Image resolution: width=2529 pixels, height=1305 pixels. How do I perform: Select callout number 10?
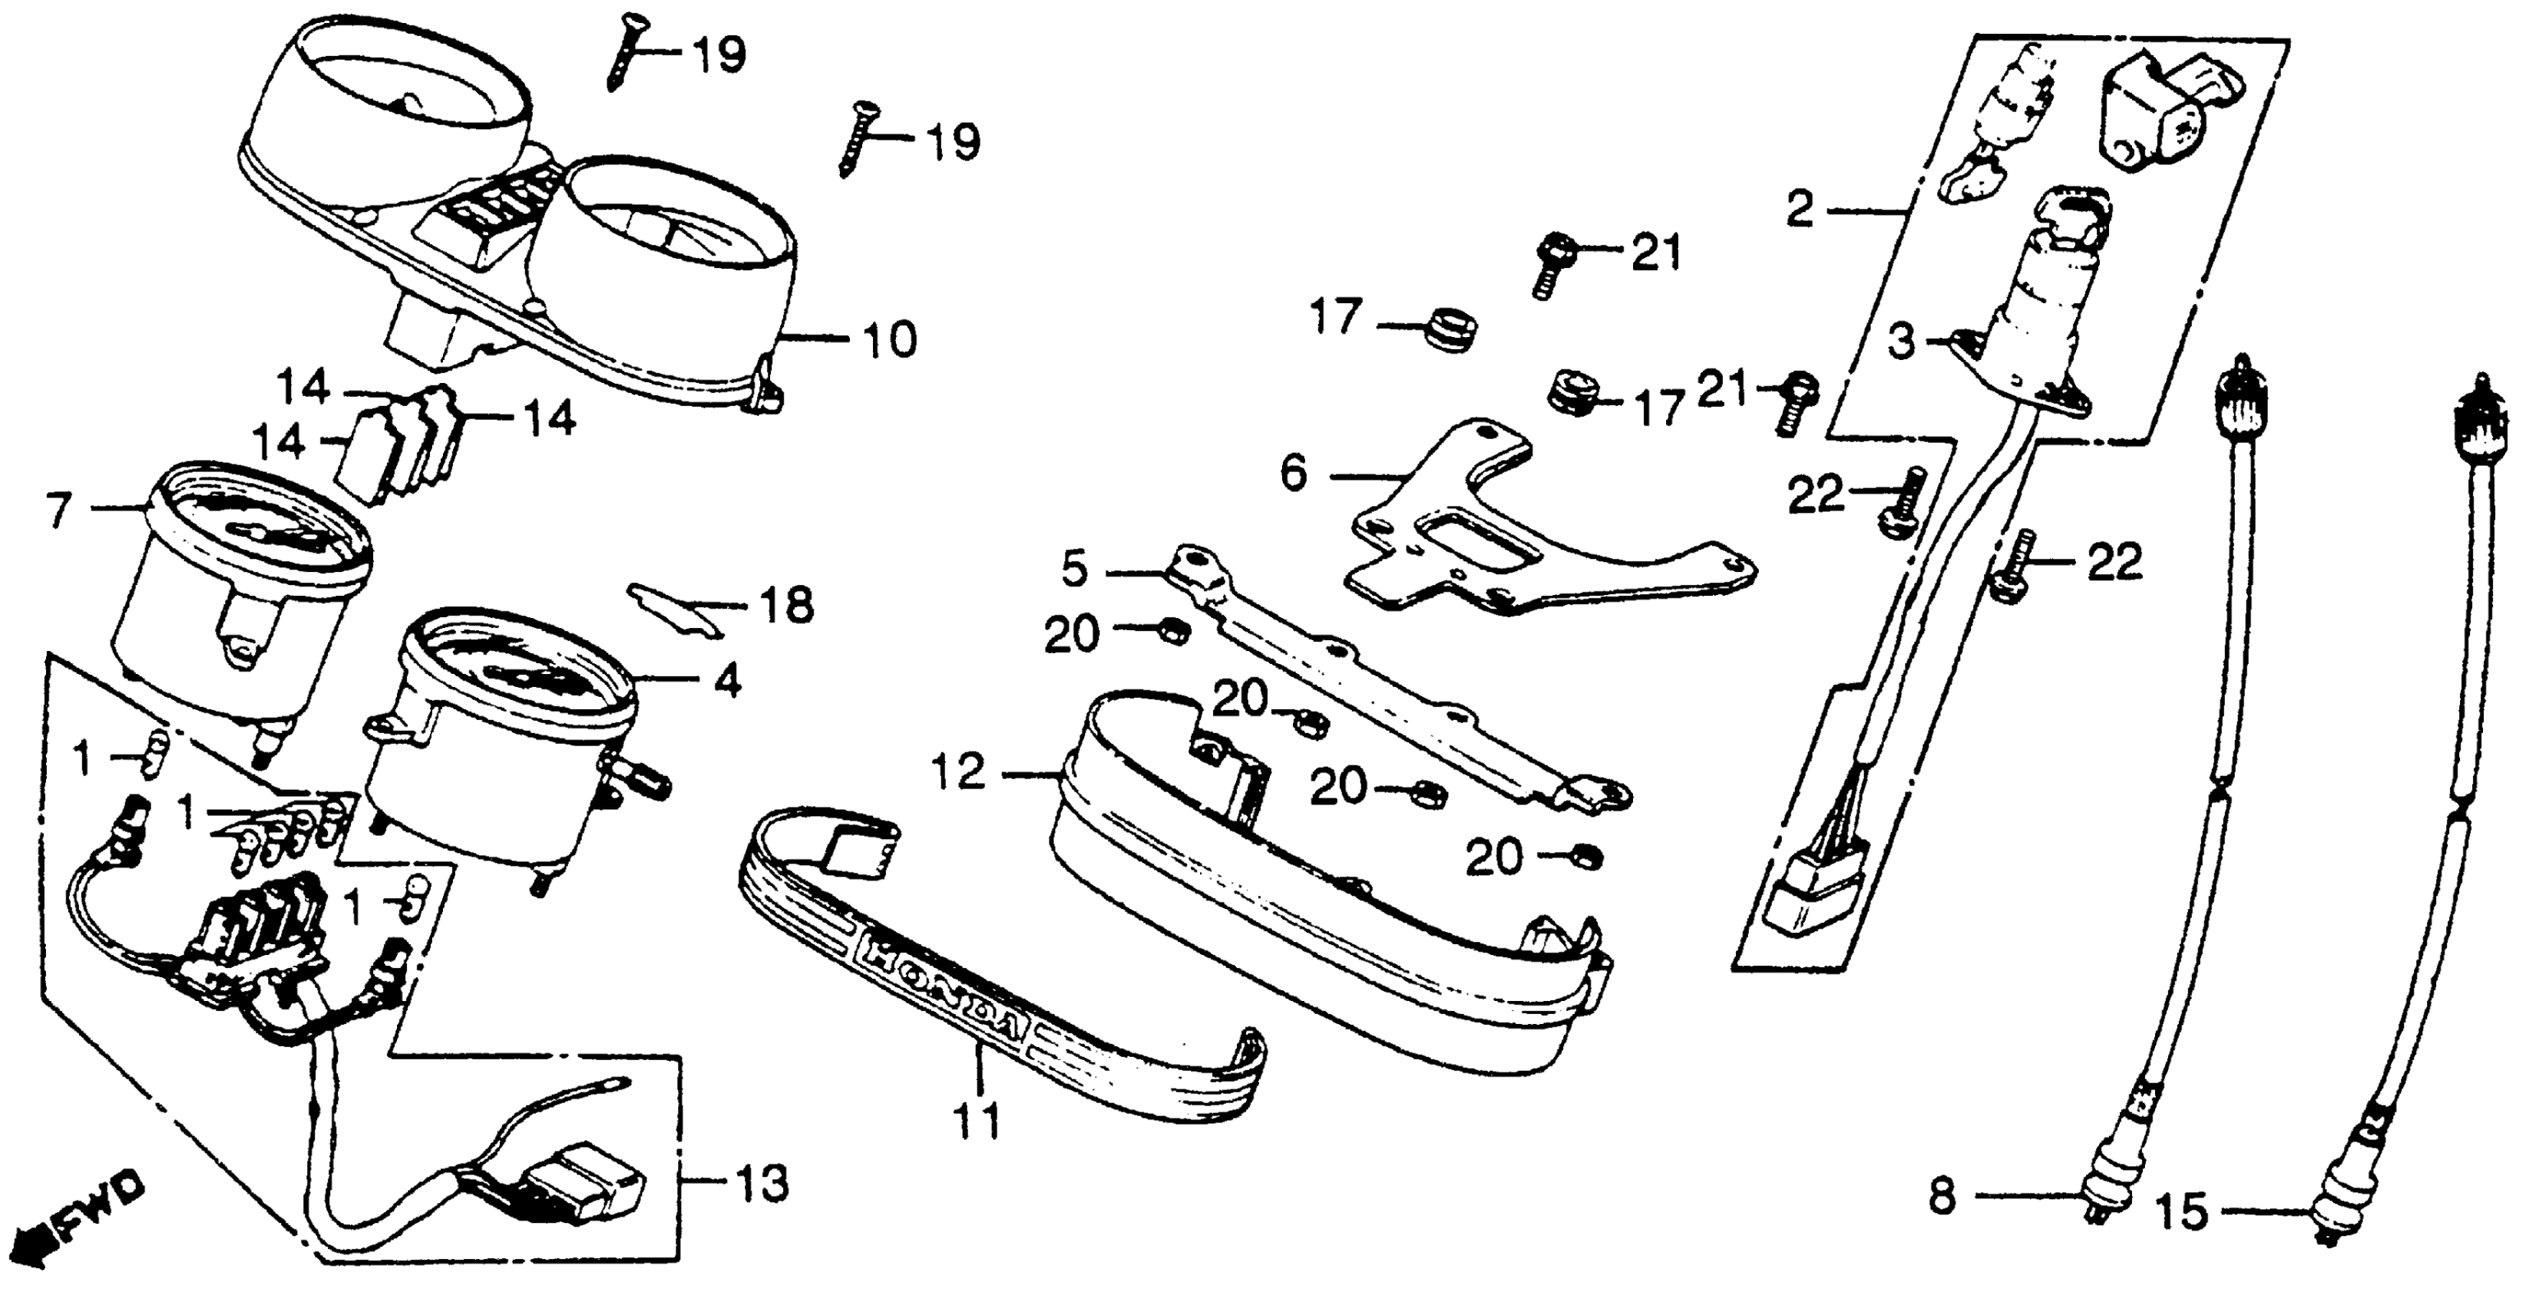click(x=888, y=340)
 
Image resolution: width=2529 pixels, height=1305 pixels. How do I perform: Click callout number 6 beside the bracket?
click(x=1294, y=474)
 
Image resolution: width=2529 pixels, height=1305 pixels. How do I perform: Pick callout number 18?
click(x=786, y=605)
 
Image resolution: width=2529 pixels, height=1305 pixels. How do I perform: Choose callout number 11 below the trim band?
click(x=978, y=1121)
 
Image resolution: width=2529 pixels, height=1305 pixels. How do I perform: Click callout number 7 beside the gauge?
click(x=59, y=510)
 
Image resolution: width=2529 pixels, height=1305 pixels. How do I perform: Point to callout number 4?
click(x=726, y=680)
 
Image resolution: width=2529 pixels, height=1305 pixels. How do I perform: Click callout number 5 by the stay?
click(x=1075, y=570)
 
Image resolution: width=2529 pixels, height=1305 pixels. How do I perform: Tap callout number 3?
click(x=1902, y=342)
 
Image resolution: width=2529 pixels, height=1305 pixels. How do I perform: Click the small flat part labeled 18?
click(x=673, y=607)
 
